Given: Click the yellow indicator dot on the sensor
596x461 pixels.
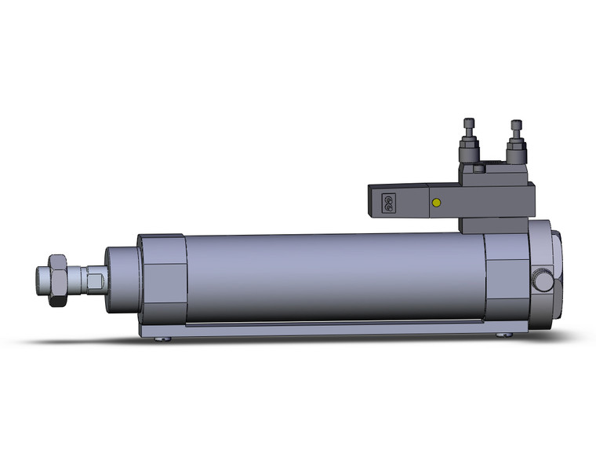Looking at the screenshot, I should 435,203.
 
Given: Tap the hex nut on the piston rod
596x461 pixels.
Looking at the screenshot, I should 57,278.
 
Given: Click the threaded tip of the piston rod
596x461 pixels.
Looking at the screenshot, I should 42,278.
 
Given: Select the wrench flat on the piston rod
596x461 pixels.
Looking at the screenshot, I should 93,279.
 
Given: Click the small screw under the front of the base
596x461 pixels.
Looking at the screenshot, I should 162,339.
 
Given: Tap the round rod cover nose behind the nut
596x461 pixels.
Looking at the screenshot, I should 121,278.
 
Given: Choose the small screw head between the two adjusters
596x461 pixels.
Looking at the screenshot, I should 478,168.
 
